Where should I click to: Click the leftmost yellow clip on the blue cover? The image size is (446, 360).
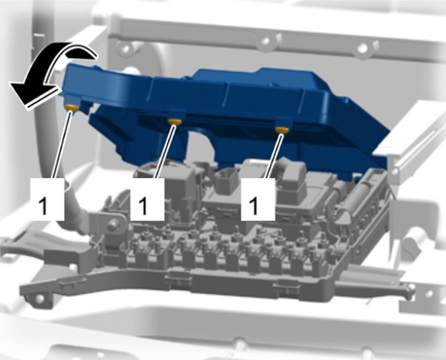coord(71,108)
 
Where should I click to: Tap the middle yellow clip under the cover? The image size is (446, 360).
coord(175,122)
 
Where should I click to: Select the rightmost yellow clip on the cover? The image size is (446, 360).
coord(282,130)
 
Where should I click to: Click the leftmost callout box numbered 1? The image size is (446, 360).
coord(47,199)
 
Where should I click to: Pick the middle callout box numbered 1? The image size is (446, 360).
coord(148,199)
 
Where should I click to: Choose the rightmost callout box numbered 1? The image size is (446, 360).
coord(258,199)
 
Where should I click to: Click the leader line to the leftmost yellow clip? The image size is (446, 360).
coord(62,145)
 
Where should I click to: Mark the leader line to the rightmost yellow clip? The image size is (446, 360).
coord(273,156)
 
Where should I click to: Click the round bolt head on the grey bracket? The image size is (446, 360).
coord(113,224)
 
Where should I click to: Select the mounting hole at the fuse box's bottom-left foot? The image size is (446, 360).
coord(40,298)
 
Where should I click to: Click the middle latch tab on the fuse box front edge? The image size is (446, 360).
coord(178,275)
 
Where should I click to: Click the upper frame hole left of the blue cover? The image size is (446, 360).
coord(126,47)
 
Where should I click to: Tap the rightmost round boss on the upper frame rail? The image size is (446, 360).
coord(363,48)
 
